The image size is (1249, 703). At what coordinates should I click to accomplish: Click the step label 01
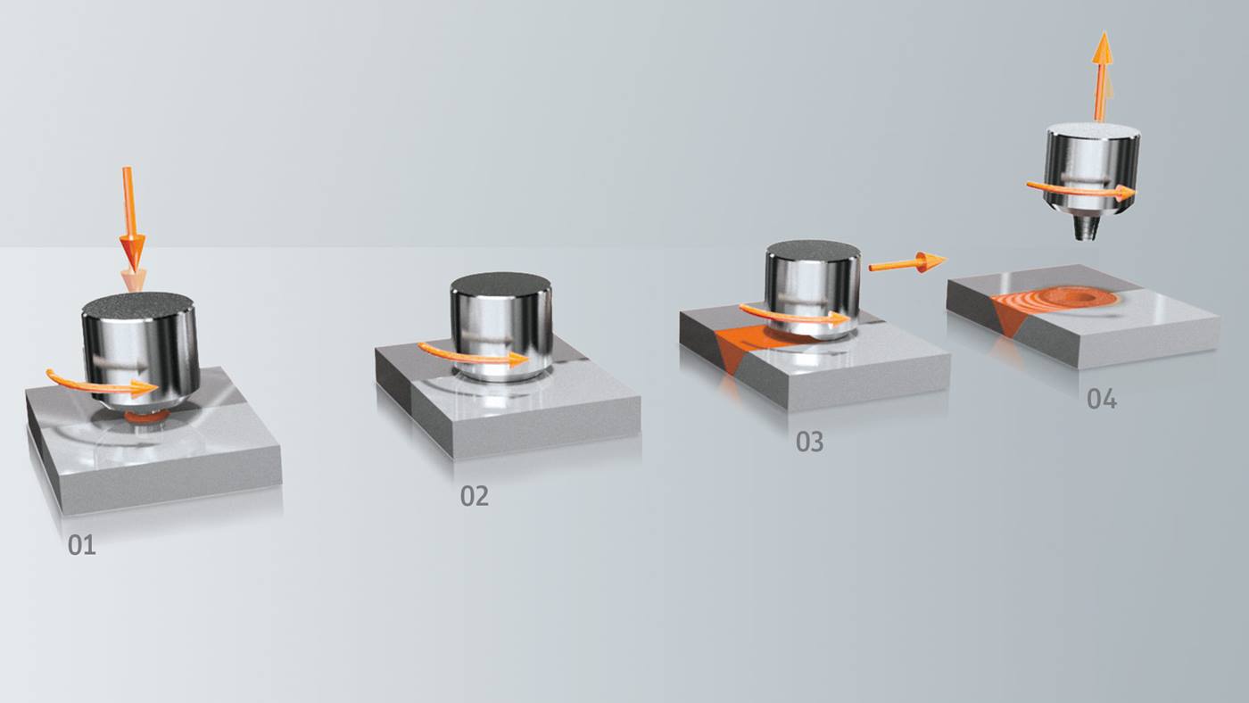(x=81, y=544)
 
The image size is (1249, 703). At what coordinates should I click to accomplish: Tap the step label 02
(x=474, y=496)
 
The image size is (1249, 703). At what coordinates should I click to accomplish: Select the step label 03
(x=809, y=442)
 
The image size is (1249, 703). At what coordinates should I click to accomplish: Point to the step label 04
(x=1101, y=399)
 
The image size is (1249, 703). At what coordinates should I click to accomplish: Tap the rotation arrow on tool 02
(x=472, y=356)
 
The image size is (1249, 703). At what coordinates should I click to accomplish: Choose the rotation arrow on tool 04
(x=1080, y=188)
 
